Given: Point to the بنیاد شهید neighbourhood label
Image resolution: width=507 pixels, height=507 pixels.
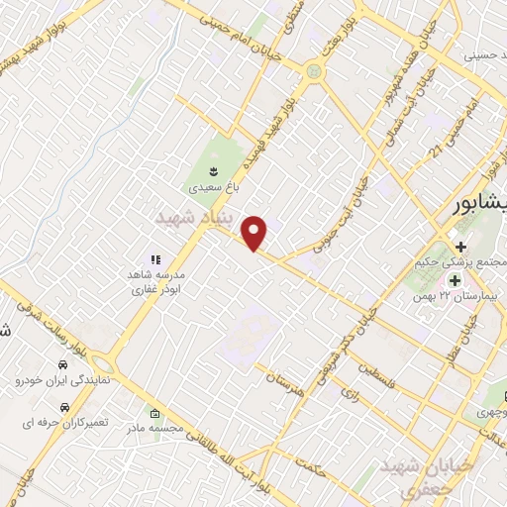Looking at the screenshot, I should pyautogui.click(x=193, y=216).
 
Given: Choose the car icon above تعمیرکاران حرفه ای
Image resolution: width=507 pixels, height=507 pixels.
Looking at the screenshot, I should pyautogui.click(x=63, y=407).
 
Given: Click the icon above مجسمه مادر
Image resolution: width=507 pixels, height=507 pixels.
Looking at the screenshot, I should pyautogui.click(x=153, y=413).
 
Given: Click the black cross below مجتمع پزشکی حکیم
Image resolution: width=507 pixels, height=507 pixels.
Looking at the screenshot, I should pyautogui.click(x=459, y=246).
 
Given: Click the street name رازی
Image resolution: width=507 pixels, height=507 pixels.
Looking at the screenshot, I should pyautogui.click(x=350, y=393).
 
